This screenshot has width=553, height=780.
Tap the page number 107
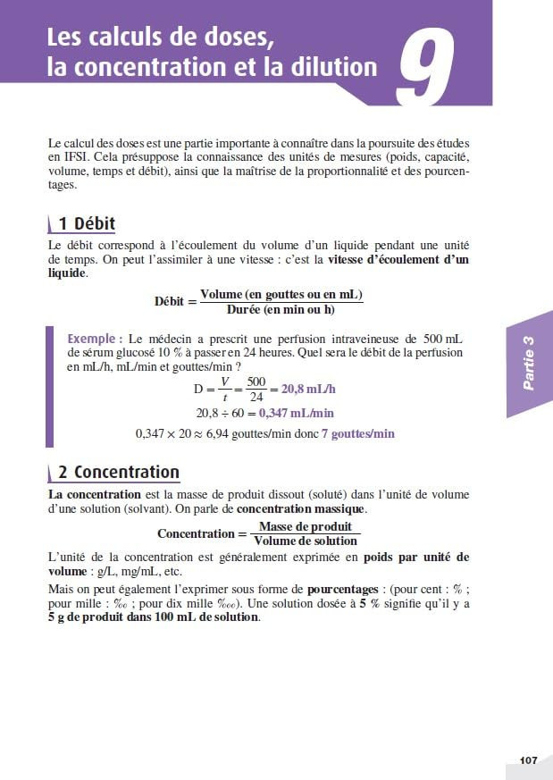[528, 760]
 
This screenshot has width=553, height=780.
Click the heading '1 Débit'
[86, 223]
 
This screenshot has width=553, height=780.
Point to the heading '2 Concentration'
[118, 473]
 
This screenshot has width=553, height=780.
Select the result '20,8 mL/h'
[314, 390]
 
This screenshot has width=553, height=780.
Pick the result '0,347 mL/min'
[297, 413]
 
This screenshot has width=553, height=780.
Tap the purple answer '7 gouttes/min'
[357, 433]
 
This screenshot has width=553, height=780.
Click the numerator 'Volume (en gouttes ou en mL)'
[281, 295]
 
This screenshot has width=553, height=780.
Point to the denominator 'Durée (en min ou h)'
[281, 309]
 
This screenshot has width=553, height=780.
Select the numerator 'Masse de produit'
[305, 526]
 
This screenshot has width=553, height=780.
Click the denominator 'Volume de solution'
[305, 541]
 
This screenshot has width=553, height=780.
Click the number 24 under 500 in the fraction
[256, 398]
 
